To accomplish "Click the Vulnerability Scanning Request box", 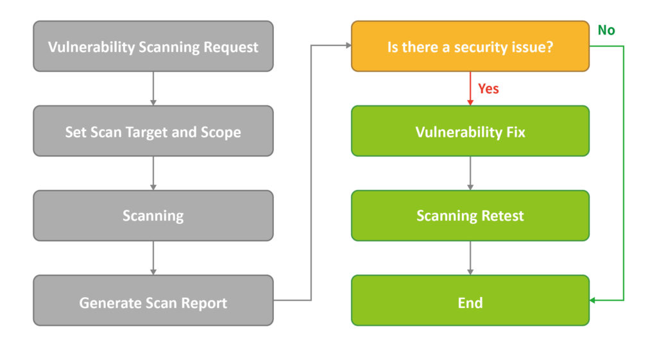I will (x=153, y=46).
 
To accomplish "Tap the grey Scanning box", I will (x=153, y=216).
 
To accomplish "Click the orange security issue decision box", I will (x=470, y=46).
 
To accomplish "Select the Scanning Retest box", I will (x=470, y=216).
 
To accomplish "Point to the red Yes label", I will (x=488, y=89).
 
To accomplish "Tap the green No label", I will (x=606, y=30).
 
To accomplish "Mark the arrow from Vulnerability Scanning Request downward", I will (x=153, y=88).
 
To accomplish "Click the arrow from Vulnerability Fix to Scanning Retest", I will (x=470, y=173).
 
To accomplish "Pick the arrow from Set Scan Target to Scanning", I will (x=153, y=173).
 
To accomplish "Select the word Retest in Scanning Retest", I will (x=503, y=216).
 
